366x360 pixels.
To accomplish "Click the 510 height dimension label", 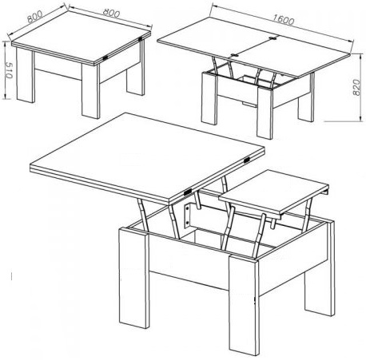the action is [9, 70].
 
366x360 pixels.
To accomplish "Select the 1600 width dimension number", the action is [283, 20].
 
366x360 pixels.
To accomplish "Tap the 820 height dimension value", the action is [356, 87].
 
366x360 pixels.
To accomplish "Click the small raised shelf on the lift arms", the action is [273, 192].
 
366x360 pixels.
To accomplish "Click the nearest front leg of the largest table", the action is [244, 304].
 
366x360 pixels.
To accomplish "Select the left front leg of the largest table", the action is [133, 278].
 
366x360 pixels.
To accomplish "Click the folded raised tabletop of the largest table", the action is [147, 158].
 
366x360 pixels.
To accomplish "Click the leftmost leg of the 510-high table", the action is [26, 75].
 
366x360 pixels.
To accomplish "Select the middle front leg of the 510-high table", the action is [90, 90].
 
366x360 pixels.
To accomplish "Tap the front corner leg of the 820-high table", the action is [265, 113].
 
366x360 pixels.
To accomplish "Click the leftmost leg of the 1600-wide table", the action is [209, 98].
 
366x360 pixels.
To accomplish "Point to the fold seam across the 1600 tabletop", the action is [253, 46].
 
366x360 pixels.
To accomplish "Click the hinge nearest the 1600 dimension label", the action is [273, 38].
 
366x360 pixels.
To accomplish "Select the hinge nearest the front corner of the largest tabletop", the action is [188, 191].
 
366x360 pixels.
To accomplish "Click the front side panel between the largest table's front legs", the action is [189, 262].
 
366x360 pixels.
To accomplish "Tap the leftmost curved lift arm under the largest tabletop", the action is [143, 214].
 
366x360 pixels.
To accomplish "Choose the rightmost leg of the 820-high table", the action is [306, 102].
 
